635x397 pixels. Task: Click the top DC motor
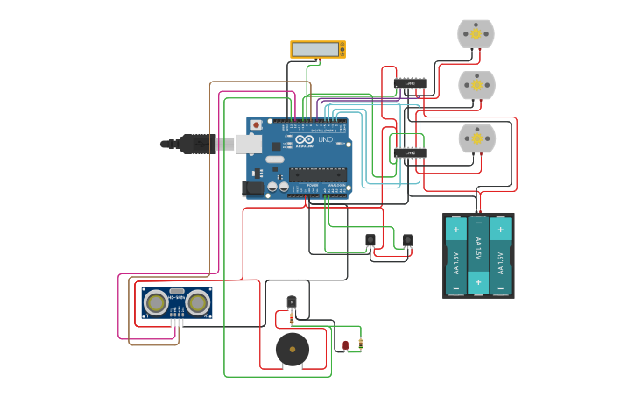(x=476, y=34)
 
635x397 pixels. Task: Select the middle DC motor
(x=476, y=86)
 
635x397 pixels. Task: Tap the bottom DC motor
(x=477, y=138)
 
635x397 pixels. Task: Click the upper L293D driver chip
(x=410, y=83)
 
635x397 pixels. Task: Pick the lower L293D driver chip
(x=410, y=152)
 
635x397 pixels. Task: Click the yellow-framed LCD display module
(x=318, y=50)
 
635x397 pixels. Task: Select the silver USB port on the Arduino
(x=249, y=144)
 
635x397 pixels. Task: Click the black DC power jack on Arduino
(x=252, y=188)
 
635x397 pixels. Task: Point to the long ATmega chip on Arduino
(x=317, y=174)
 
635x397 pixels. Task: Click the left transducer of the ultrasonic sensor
(x=156, y=303)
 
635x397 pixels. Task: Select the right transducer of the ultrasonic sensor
(x=198, y=303)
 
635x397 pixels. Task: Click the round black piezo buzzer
(x=293, y=350)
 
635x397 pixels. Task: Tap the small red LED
(x=345, y=345)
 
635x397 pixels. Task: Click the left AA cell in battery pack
(x=455, y=255)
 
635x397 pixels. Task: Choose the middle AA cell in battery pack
(x=478, y=255)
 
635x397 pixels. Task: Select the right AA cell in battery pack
(x=501, y=255)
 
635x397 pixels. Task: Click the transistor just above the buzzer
(x=292, y=302)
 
